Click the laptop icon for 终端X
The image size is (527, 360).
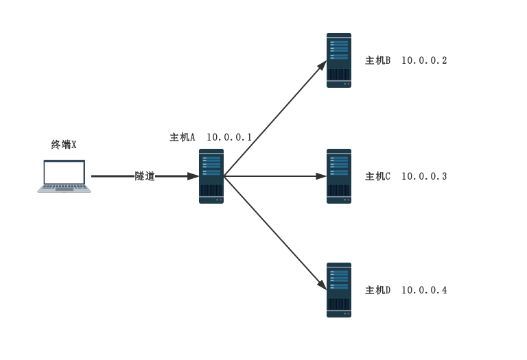pyautogui.click(x=65, y=176)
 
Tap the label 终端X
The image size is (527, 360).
pyautogui.click(x=64, y=145)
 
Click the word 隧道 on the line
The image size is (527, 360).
pyautogui.click(x=145, y=176)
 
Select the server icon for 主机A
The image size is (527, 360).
pyautogui.click(x=211, y=176)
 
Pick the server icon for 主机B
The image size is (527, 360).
pyautogui.click(x=339, y=60)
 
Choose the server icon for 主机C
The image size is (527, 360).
pyautogui.click(x=339, y=176)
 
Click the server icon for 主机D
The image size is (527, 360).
pyautogui.click(x=339, y=290)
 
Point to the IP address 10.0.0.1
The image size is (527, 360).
pyautogui.click(x=229, y=137)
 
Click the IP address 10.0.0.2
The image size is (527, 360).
pyautogui.click(x=424, y=60)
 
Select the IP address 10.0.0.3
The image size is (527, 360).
pyautogui.click(x=424, y=176)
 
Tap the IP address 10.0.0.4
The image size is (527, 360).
pyautogui.click(x=424, y=290)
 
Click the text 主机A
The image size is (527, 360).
pyautogui.click(x=182, y=137)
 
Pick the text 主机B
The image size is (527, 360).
pyautogui.click(x=378, y=60)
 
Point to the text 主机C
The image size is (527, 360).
pyautogui.click(x=378, y=176)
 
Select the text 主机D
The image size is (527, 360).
pyautogui.click(x=378, y=290)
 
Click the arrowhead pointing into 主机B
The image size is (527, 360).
pyautogui.click(x=323, y=65)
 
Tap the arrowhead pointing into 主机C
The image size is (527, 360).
pyautogui.click(x=321, y=176)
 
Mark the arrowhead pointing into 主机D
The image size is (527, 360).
pyautogui.click(x=323, y=285)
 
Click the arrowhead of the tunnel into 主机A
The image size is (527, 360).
pyautogui.click(x=194, y=176)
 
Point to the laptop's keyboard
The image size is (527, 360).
pyautogui.click(x=65, y=187)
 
